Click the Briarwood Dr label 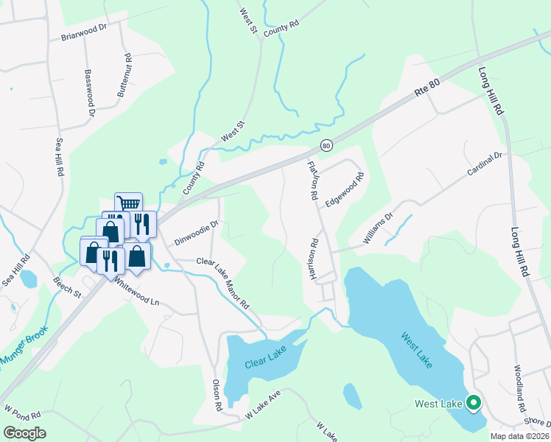[x=85, y=35]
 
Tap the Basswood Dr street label [x=90, y=94]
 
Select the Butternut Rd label [x=124, y=76]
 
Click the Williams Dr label [x=378, y=228]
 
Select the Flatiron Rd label [x=312, y=181]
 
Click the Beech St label [x=67, y=287]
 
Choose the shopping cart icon [x=128, y=204]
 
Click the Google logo [x=24, y=433]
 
